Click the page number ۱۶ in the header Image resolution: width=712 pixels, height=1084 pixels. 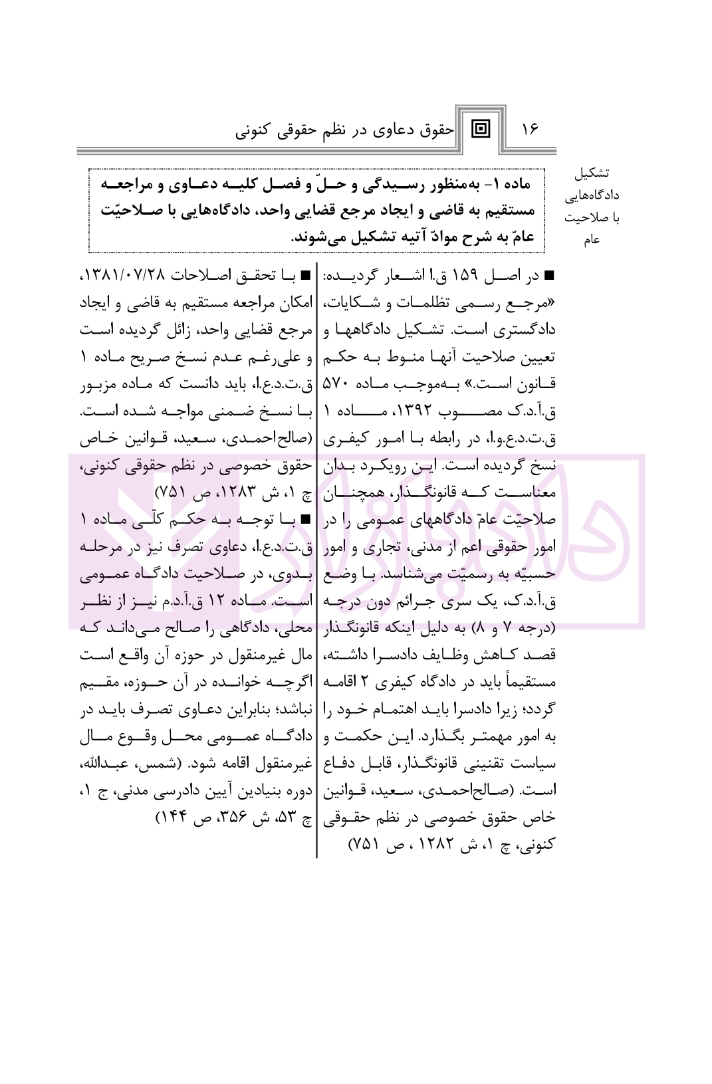[531, 129]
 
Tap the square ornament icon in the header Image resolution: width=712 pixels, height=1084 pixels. [479, 128]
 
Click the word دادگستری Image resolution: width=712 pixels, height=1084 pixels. [525, 330]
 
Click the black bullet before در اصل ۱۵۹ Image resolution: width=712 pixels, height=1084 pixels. [550, 276]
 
